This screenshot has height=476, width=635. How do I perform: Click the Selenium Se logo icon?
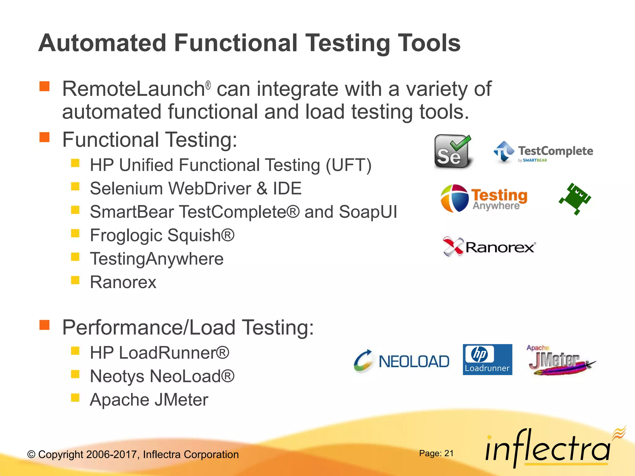point(453,152)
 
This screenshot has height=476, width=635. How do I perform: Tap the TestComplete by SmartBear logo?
point(543,152)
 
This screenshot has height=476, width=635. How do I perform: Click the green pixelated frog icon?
point(575,199)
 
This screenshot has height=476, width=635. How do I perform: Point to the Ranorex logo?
point(489,247)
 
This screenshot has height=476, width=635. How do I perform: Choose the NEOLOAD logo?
point(402,361)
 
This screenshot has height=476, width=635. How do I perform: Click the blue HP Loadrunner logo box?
point(487,359)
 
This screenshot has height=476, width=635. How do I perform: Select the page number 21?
point(449,453)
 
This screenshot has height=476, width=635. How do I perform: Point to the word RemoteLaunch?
point(133,89)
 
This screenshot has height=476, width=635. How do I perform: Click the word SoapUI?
point(368,212)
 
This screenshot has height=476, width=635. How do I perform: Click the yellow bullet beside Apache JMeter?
point(75,398)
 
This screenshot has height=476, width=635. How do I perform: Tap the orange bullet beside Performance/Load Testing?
point(45,325)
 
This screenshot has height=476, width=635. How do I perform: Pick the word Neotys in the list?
point(117,376)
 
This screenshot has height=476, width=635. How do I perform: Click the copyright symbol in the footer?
point(31,455)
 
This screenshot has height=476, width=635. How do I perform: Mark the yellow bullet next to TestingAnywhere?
point(75,257)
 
